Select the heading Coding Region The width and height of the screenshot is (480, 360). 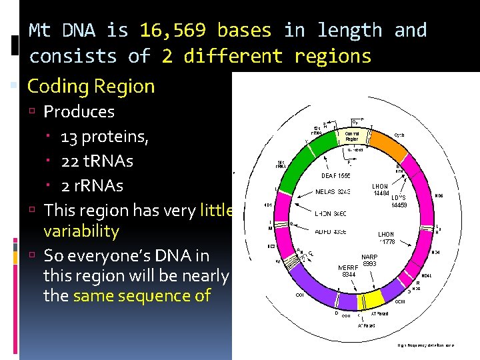pyautogui.click(x=91, y=86)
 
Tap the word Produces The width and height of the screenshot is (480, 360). pyautogui.click(x=79, y=111)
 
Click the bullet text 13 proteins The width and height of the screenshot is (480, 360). pyautogui.click(x=104, y=137)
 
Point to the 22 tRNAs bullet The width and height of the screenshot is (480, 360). pyautogui.click(x=97, y=161)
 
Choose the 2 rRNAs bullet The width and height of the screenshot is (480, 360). pyautogui.click(x=91, y=185)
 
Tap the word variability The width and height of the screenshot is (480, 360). pyautogui.click(x=81, y=231)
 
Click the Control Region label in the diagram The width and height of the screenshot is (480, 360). pyautogui.click(x=352, y=136)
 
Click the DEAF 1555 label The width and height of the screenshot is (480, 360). pyautogui.click(x=336, y=175)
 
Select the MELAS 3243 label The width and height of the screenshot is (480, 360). pyautogui.click(x=333, y=192)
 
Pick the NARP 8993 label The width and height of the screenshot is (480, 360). pyautogui.click(x=369, y=260)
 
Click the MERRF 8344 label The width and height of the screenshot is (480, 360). pyautogui.click(x=350, y=271)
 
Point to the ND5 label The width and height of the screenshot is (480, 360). pyautogui.click(x=439, y=196)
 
